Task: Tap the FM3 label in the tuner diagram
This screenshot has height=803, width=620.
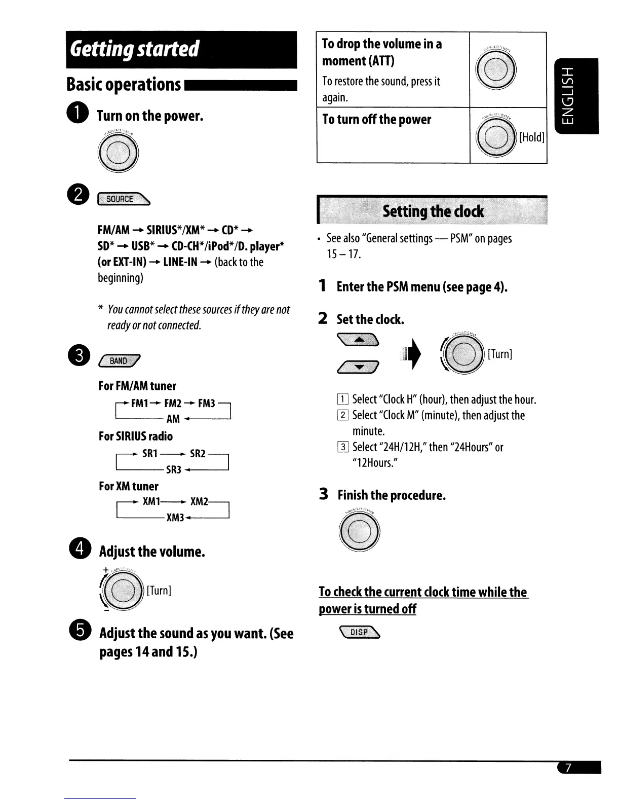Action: pyautogui.click(x=207, y=404)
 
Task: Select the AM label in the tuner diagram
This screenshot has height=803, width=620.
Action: pyautogui.click(x=173, y=419)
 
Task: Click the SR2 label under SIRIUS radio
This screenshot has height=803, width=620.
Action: pyautogui.click(x=198, y=453)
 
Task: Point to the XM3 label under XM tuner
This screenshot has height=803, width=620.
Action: pyautogui.click(x=175, y=518)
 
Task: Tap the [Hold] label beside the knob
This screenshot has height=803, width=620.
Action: pyautogui.click(x=532, y=137)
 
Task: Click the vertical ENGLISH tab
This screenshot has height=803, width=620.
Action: pyautogui.click(x=577, y=96)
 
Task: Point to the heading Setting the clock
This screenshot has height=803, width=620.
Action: pyautogui.click(x=433, y=211)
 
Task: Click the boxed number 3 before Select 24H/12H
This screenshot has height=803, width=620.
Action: pyautogui.click(x=343, y=447)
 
